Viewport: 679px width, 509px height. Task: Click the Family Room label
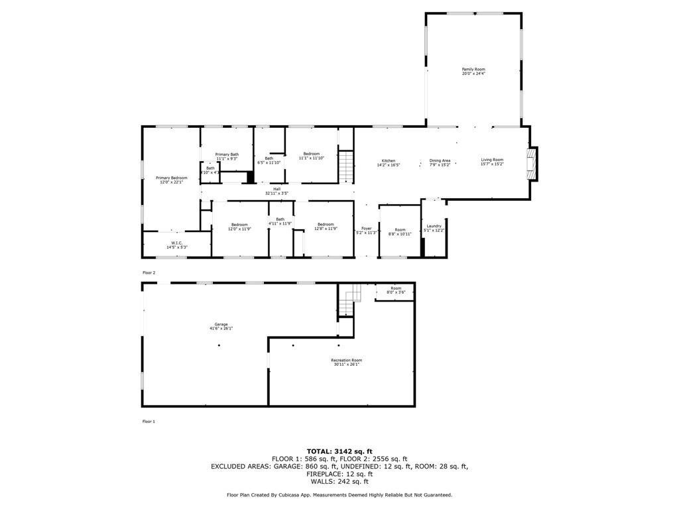point(473,69)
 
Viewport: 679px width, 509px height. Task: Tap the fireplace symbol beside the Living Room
point(531,164)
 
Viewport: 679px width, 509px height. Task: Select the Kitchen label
point(389,160)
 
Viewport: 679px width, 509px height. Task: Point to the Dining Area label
point(440,160)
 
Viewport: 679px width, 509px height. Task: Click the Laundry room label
point(434,226)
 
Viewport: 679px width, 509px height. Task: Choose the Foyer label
point(366,229)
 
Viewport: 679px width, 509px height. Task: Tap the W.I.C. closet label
point(177,243)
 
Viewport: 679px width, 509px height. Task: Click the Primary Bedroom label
point(172,178)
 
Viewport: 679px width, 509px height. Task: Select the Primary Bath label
point(227,154)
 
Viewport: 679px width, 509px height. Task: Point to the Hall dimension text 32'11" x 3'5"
point(277,194)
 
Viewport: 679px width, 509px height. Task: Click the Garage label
point(221,324)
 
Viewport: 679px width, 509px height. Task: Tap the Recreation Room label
point(346,360)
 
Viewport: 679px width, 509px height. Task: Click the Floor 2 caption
point(149,272)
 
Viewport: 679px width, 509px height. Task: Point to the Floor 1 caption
point(149,422)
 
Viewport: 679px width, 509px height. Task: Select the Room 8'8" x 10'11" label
point(400,230)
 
